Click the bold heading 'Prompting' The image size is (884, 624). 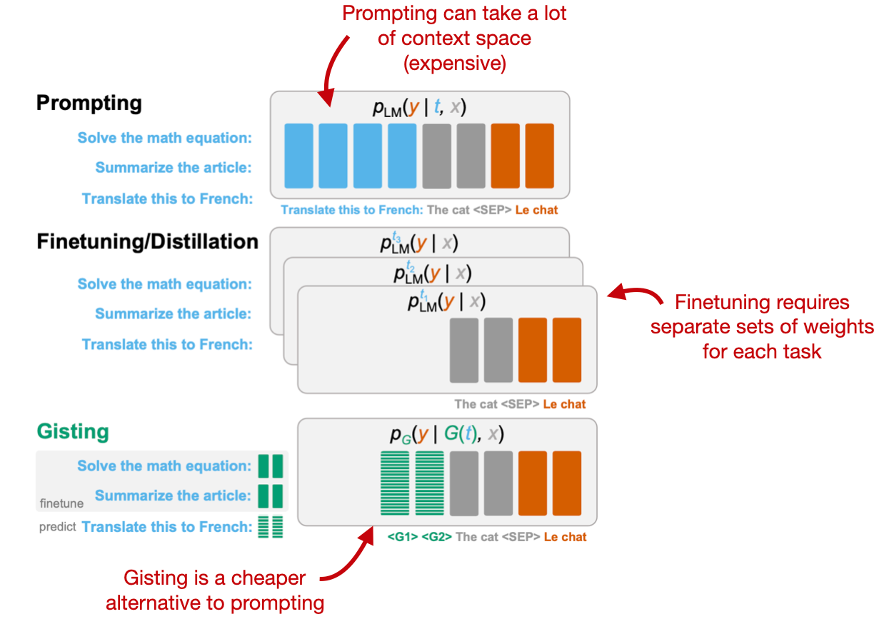pyautogui.click(x=89, y=104)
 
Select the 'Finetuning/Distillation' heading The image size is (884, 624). pyautogui.click(x=147, y=242)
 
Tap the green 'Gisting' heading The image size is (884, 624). pyautogui.click(x=73, y=432)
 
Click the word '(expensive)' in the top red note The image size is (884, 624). pyautogui.click(x=455, y=63)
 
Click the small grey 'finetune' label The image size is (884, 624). pyautogui.click(x=61, y=503)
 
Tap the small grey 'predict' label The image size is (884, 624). pyautogui.click(x=57, y=528)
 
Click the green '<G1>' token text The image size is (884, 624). pyautogui.click(x=403, y=537)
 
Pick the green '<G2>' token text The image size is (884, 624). pyautogui.click(x=436, y=537)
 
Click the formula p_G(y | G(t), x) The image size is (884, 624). pyautogui.click(x=446, y=435)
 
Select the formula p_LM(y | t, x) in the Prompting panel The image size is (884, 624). pyautogui.click(x=419, y=108)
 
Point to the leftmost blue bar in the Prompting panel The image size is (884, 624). pyautogui.click(x=298, y=156)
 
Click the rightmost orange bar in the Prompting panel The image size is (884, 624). pyautogui.click(x=539, y=156)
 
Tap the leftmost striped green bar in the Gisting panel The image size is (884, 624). pyautogui.click(x=395, y=483)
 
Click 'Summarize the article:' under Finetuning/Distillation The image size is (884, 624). pyautogui.click(x=174, y=314)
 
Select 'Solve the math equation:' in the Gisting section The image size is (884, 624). pyautogui.click(x=164, y=466)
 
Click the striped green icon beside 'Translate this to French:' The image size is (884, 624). pyautogui.click(x=271, y=527)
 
